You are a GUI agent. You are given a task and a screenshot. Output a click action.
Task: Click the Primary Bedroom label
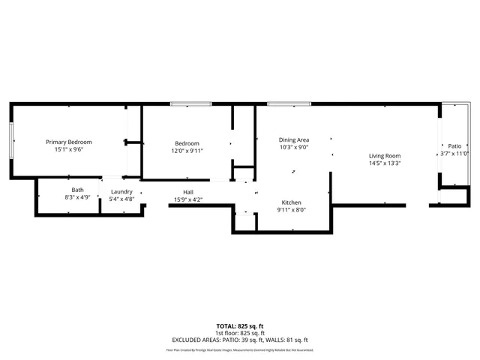[68, 142]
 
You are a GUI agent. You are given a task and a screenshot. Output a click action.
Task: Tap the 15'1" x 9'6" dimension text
[68, 149]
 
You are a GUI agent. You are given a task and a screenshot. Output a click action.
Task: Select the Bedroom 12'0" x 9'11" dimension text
[187, 150]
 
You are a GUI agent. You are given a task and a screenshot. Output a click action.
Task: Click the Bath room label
[78, 190]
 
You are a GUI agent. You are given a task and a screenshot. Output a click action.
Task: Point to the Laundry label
[121, 191]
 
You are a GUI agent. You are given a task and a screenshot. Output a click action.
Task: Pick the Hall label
[188, 191]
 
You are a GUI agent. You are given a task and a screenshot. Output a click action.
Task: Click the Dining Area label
[294, 139]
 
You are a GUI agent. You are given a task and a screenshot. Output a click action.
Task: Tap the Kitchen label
[292, 202]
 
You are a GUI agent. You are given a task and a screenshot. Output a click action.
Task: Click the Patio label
[454, 145]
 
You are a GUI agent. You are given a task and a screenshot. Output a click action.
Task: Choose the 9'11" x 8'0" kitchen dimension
[292, 210]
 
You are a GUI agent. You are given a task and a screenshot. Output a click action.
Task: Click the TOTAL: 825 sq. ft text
[240, 325]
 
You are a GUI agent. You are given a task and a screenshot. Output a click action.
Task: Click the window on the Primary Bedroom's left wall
[11, 140]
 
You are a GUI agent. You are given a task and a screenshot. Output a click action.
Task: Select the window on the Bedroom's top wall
[185, 103]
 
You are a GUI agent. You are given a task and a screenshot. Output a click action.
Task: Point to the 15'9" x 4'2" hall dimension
[188, 199]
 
